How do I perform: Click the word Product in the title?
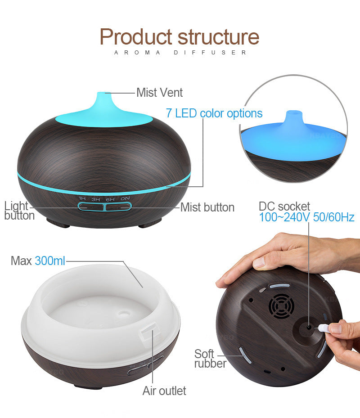(x=136, y=36)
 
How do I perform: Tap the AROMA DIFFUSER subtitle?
(x=180, y=53)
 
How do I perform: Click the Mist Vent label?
(x=159, y=93)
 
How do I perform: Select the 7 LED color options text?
(x=214, y=113)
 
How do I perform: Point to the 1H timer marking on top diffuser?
(x=82, y=198)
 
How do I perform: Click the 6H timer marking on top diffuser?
(x=110, y=199)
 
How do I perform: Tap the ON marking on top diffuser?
(x=125, y=198)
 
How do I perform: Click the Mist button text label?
(x=207, y=207)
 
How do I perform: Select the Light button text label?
(x=19, y=211)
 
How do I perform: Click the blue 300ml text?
(x=50, y=261)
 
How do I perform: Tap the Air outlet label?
(x=164, y=391)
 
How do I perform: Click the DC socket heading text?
(x=284, y=207)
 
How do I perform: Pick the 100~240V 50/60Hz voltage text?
(x=306, y=217)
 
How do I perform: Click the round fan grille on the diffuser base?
(x=282, y=306)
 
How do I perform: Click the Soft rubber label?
(x=210, y=359)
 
